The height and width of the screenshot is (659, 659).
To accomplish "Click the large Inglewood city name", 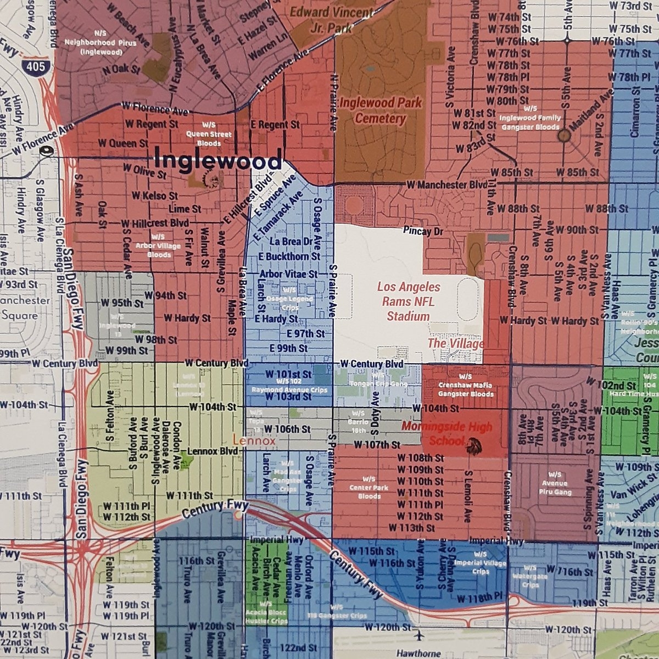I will coord(218,161).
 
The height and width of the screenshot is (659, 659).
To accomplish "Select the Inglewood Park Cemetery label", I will coord(381,110).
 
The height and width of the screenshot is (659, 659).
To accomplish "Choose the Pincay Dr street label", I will coord(422,232).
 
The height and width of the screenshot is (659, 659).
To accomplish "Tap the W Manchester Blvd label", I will coord(446,185).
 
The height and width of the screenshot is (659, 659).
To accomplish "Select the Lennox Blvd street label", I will coord(213,451).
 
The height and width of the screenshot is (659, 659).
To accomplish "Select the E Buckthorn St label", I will coord(289,256).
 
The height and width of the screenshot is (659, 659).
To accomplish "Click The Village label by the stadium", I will coord(455,344).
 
